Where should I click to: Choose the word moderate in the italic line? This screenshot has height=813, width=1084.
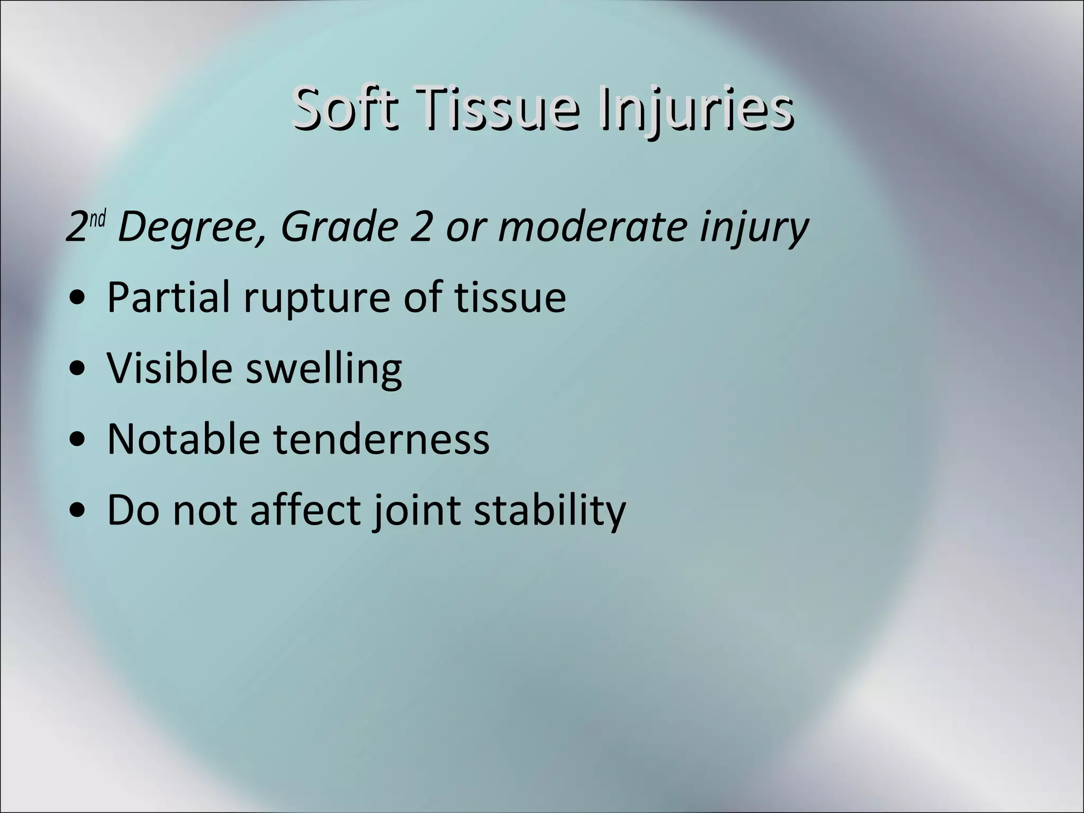592,227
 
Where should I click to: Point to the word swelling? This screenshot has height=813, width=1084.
323,369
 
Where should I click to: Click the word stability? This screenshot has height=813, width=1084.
549,511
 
